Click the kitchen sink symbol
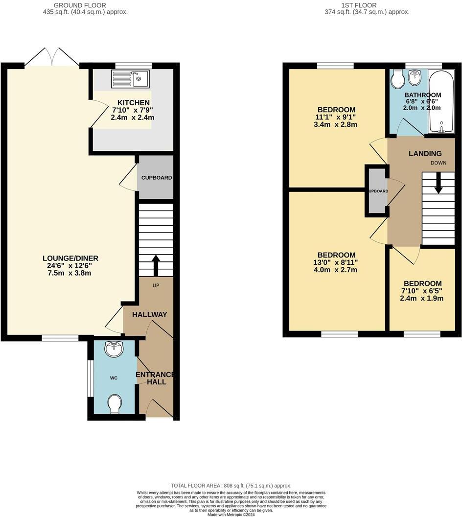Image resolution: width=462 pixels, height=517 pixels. (131, 78)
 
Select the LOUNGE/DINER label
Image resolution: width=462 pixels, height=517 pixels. (70, 258)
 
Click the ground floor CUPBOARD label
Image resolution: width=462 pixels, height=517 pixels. (157, 178)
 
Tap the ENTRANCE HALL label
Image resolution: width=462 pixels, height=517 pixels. (155, 378)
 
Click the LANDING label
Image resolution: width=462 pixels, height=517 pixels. (425, 154)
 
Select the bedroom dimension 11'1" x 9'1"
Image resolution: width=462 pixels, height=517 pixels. (336, 117)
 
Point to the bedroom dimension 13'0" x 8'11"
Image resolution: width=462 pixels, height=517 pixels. (336, 262)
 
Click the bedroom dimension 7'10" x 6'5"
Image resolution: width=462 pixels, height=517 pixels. (421, 291)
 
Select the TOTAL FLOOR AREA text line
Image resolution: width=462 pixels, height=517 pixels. (231, 485)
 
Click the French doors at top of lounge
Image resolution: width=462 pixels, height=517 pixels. (52, 57)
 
